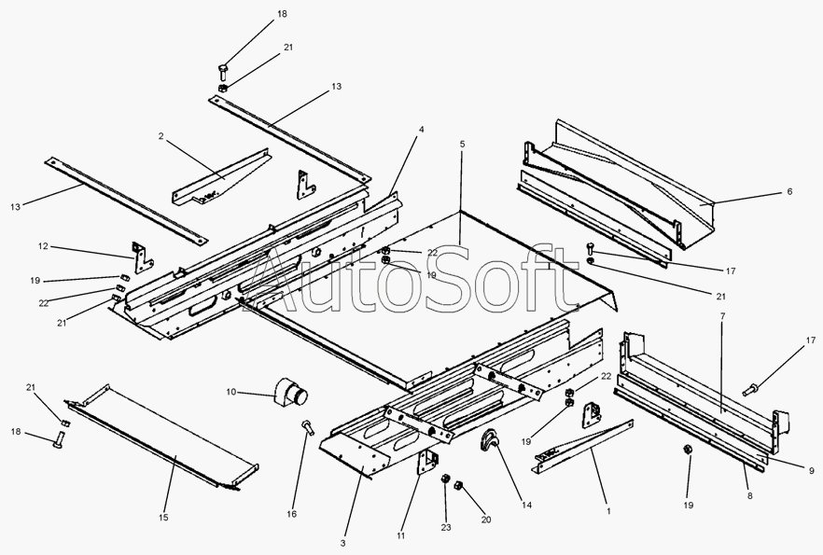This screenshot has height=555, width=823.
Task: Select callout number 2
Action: coord(160,137)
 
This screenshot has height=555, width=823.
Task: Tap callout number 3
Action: coord(343,543)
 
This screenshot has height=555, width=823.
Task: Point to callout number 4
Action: coord(421,129)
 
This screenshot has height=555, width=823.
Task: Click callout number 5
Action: coord(461,145)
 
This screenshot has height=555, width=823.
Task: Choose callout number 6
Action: coord(789,191)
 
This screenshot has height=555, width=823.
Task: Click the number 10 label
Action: coord(230,393)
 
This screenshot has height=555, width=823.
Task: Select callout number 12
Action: coord(43,247)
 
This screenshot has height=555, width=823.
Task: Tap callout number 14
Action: coord(527,506)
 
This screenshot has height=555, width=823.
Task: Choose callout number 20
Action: coord(484,520)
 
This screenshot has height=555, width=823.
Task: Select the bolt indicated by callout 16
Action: coord(307,427)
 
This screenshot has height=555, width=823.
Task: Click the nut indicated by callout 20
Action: coord(459,486)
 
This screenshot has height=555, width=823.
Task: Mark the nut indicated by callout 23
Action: coord(446,479)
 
